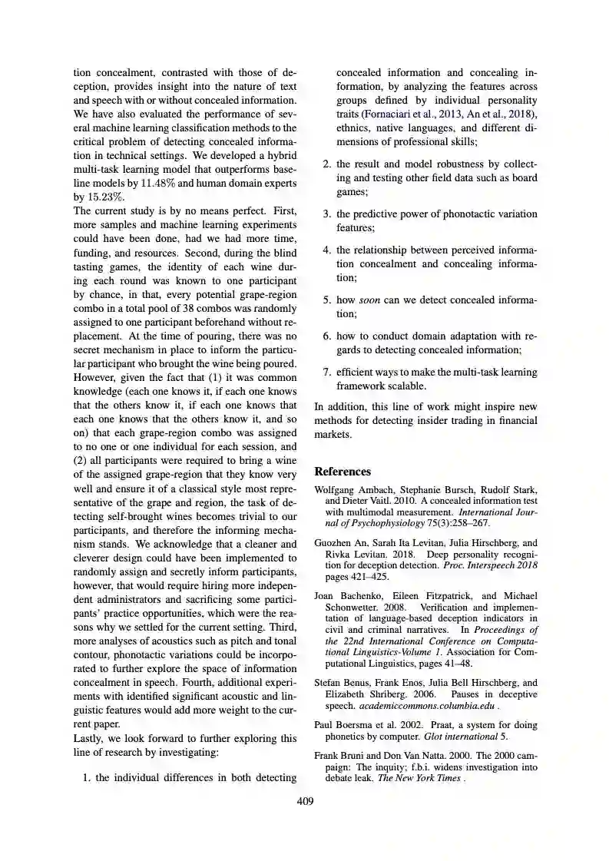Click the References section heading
[343, 472]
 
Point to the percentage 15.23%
[104, 197]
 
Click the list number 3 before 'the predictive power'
[326, 213]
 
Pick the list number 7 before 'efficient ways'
[326, 372]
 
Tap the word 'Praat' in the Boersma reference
[428, 725]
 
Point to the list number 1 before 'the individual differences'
[87, 777]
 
